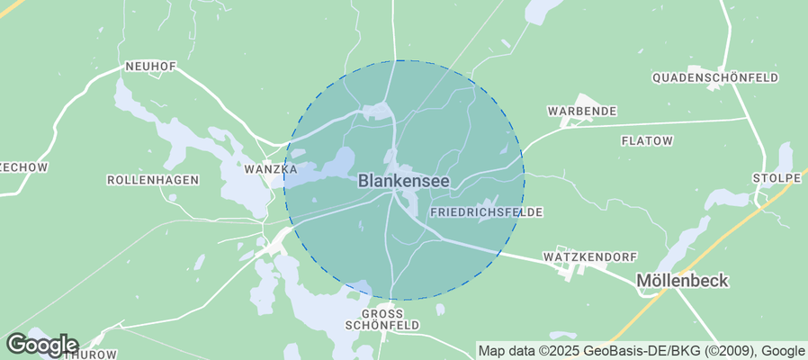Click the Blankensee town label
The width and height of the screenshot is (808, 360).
(x=404, y=181)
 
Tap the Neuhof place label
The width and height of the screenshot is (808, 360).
(x=150, y=67)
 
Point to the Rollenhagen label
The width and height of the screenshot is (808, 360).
(x=152, y=180)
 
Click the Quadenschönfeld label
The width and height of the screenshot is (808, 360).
(x=715, y=78)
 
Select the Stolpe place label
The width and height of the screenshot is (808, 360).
(x=777, y=177)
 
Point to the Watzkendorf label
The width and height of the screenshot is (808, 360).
(x=590, y=257)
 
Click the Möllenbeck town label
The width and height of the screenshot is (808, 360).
(x=682, y=281)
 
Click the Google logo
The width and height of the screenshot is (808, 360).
(x=41, y=345)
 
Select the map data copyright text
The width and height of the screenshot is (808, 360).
(x=642, y=351)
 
